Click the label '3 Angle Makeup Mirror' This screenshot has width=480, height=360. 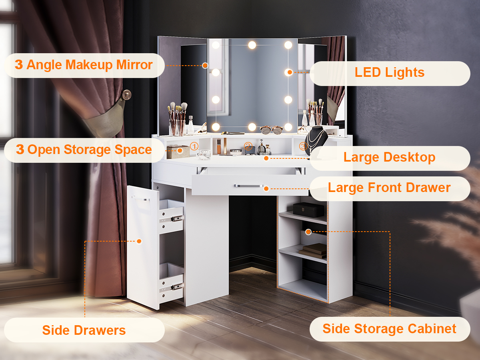(x=84, y=65)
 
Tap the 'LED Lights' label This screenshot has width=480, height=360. (x=390, y=72)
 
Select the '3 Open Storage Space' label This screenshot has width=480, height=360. (x=84, y=150)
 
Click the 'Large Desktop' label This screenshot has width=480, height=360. (x=390, y=157)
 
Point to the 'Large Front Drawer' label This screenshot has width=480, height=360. (x=389, y=188)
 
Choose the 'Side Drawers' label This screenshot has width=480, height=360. (x=84, y=330)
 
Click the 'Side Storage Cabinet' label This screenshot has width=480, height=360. (x=390, y=329)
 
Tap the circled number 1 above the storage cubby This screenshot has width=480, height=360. (x=194, y=146)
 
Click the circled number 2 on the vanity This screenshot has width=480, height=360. (x=248, y=146)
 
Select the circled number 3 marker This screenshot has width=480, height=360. (x=303, y=146)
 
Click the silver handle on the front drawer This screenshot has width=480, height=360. (x=249, y=186)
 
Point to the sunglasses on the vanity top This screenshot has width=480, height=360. (x=271, y=130)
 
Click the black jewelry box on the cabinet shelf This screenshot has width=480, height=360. (x=308, y=210)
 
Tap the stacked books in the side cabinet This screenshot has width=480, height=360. (x=313, y=249)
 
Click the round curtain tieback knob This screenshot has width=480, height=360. (x=127, y=95)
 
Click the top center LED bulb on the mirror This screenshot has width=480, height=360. (x=252, y=45)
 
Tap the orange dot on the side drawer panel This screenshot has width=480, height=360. (x=139, y=241)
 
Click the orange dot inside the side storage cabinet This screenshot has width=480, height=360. (x=308, y=232)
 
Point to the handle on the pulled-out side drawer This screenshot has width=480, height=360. (x=141, y=198)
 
